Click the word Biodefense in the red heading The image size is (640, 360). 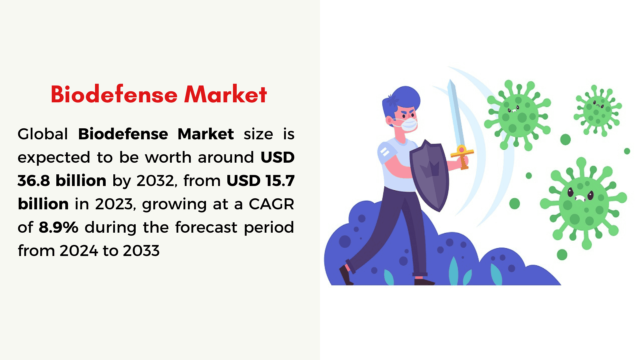pyautogui.click(x=114, y=94)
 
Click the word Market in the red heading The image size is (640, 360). pyautogui.click(x=226, y=94)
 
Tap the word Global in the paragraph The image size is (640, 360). pyautogui.click(x=43, y=134)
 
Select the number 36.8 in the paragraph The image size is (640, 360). pyautogui.click(x=34, y=181)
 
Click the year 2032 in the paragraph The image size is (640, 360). pyautogui.click(x=155, y=181)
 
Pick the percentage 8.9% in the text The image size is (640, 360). pyautogui.click(x=59, y=227)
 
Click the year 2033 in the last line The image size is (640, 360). pyautogui.click(x=141, y=251)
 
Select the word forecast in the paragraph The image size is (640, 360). pyautogui.click(x=206, y=227)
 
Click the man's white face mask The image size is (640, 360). pyautogui.click(x=408, y=125)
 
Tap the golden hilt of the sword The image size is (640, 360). pyautogui.click(x=462, y=156)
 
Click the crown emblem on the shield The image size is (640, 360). pyautogui.click(x=430, y=168)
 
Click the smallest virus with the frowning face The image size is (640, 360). pyautogui.click(x=598, y=110)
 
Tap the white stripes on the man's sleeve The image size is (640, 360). pyautogui.click(x=384, y=152)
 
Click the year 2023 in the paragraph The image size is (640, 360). pyautogui.click(x=114, y=204)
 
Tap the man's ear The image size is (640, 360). pyautogui.click(x=389, y=120)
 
